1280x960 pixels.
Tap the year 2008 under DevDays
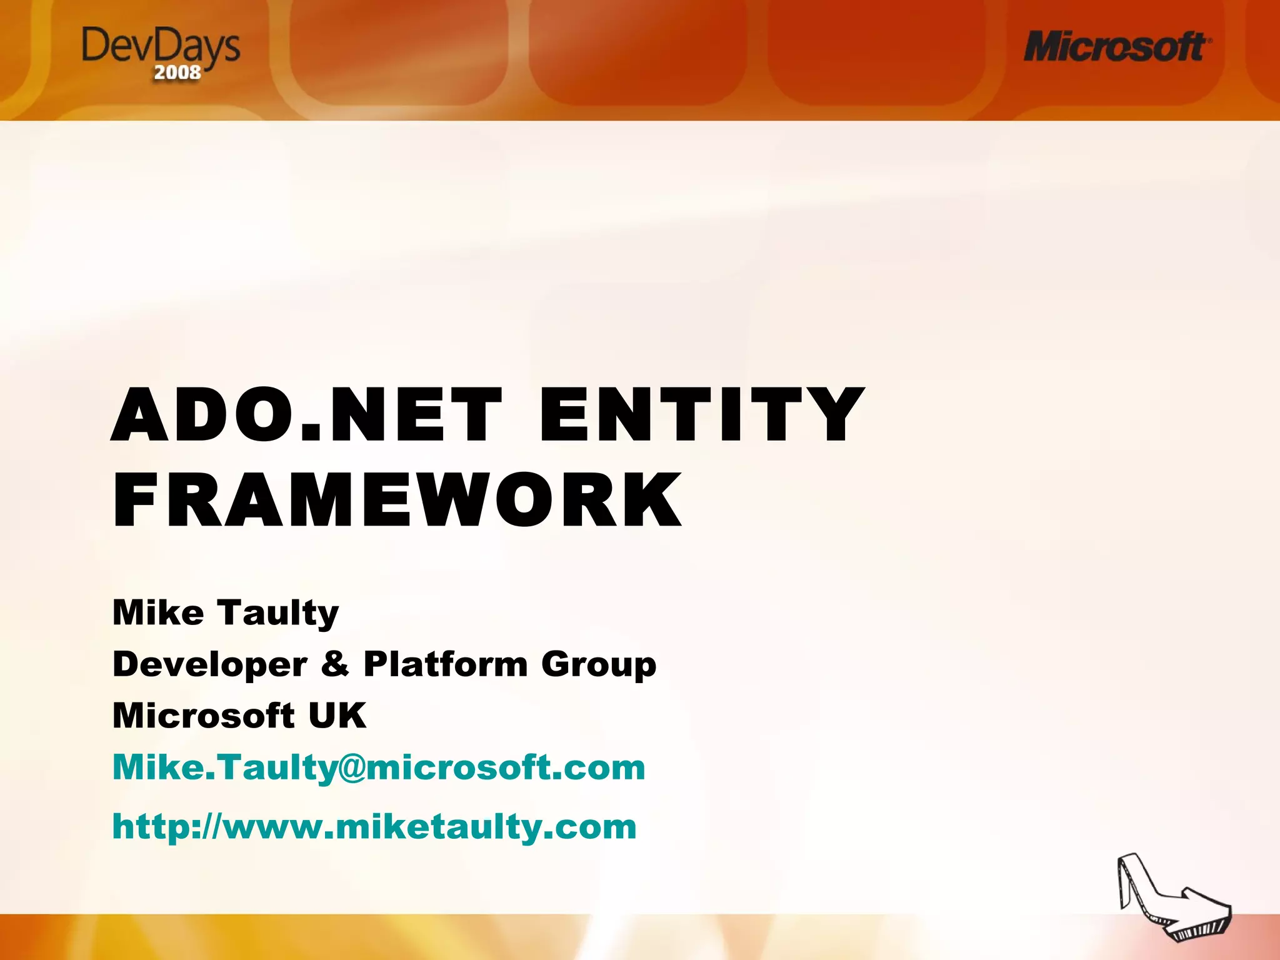pyautogui.click(x=177, y=73)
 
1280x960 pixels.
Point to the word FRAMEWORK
pyautogui.click(x=397, y=501)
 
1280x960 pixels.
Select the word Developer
pyautogui.click(x=210, y=664)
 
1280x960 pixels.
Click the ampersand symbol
pyautogui.click(x=336, y=664)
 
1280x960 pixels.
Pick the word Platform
pyautogui.click(x=446, y=664)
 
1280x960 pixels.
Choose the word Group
pyautogui.click(x=599, y=665)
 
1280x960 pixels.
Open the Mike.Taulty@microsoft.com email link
pyautogui.click(x=379, y=767)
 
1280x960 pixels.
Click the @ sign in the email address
pyautogui.click(x=352, y=768)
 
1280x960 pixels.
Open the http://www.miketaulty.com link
pyautogui.click(x=374, y=827)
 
